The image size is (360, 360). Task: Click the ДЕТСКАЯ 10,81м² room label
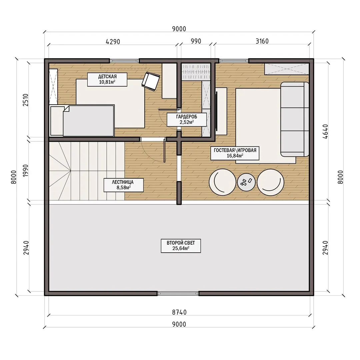pyautogui.click(x=107, y=79)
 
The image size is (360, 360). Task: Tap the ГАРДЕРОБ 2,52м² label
pyautogui.click(x=186, y=119)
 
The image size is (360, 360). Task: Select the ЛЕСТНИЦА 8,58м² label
pyautogui.click(x=124, y=185)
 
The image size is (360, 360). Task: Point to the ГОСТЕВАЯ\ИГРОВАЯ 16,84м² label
pyautogui.click(x=235, y=153)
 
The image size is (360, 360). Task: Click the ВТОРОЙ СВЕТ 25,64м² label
pyautogui.click(x=181, y=246)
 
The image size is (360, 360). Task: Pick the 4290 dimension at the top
pyautogui.click(x=113, y=42)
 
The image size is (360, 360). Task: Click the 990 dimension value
pyautogui.click(x=196, y=41)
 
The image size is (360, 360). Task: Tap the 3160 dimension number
pyautogui.click(x=262, y=41)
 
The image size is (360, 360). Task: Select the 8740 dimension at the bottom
pyautogui.click(x=179, y=312)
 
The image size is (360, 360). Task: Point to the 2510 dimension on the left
pyautogui.click(x=25, y=100)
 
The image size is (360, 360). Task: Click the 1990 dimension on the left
pyautogui.click(x=25, y=170)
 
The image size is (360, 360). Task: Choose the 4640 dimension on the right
pyautogui.click(x=325, y=132)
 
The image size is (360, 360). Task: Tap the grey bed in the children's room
pyautogui.click(x=89, y=121)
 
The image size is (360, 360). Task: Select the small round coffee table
pyautogui.click(x=246, y=182)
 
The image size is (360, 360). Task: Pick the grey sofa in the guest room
pyautogui.click(x=295, y=119)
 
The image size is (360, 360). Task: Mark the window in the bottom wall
pyautogui.click(x=178, y=293)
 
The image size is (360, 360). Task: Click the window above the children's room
pyautogui.click(x=124, y=61)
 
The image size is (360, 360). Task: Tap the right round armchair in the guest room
pyautogui.click(x=270, y=182)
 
